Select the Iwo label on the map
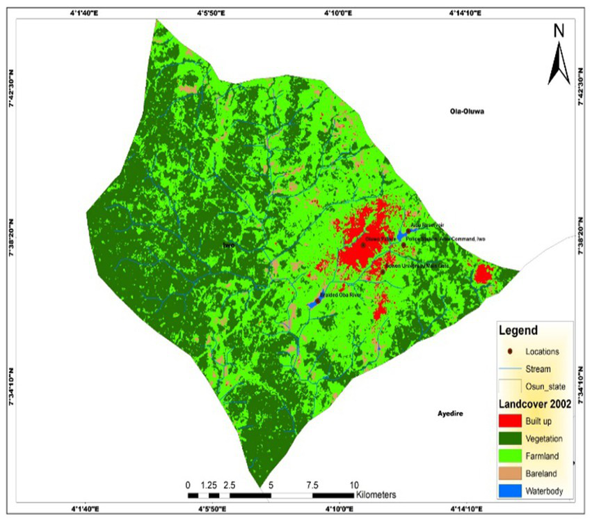click(226, 245)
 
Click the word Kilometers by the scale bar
click(376, 496)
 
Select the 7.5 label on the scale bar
click(312, 485)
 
